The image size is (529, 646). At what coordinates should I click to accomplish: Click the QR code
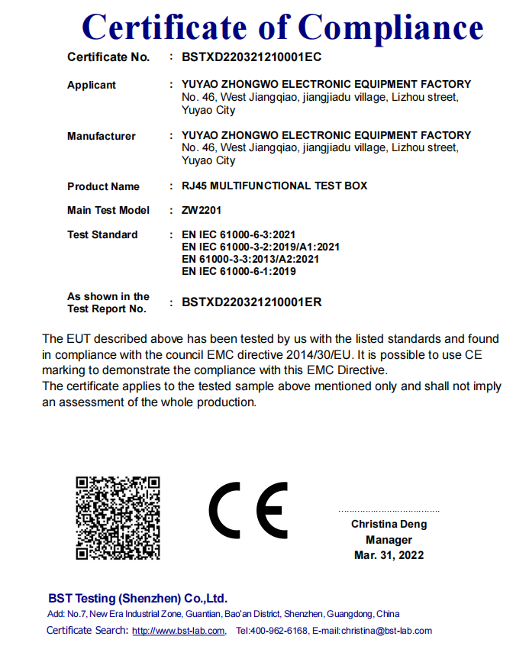(x=118, y=517)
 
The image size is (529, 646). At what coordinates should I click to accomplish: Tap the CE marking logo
(x=249, y=510)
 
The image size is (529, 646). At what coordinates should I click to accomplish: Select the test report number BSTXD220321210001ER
(x=251, y=302)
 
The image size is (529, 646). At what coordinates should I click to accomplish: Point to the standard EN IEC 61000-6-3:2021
(x=239, y=234)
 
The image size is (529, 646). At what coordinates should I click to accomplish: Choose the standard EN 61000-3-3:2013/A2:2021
(x=250, y=259)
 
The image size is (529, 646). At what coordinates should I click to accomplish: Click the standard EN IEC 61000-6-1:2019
(x=239, y=271)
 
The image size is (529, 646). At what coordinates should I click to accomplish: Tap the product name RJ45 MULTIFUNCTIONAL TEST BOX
(x=274, y=186)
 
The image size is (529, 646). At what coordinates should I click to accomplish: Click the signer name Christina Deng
(x=389, y=525)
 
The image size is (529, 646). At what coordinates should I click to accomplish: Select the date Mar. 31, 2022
(x=389, y=555)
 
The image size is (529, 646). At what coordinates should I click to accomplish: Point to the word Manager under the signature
(x=389, y=540)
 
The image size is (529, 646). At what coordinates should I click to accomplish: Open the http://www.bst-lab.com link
(x=178, y=631)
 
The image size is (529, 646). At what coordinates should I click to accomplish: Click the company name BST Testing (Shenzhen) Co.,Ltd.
(x=137, y=599)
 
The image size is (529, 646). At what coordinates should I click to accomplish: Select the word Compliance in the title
(x=390, y=27)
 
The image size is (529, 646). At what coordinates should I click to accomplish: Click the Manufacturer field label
(x=102, y=136)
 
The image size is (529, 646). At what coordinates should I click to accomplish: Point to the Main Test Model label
(x=108, y=210)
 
